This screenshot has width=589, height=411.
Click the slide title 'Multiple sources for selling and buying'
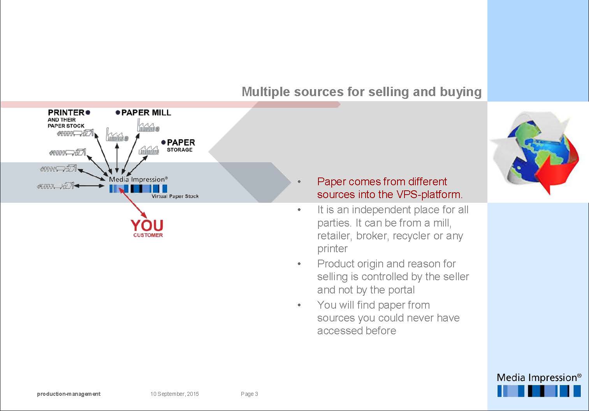[362, 92]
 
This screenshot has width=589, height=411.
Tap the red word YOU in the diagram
[147, 226]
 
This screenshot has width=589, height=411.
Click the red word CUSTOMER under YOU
[148, 235]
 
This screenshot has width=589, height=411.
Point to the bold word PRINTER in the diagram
[66, 112]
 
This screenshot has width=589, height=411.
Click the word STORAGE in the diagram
[179, 149]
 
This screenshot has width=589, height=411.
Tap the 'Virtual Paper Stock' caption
[175, 196]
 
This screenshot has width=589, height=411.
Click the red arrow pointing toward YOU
[133, 202]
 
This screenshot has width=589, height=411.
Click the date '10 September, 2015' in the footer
[174, 394]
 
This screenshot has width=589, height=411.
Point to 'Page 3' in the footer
[249, 394]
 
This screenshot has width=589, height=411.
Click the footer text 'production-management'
[69, 394]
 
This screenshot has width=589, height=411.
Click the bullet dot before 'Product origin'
[299, 264]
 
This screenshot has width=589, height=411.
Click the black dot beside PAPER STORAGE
[163, 142]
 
